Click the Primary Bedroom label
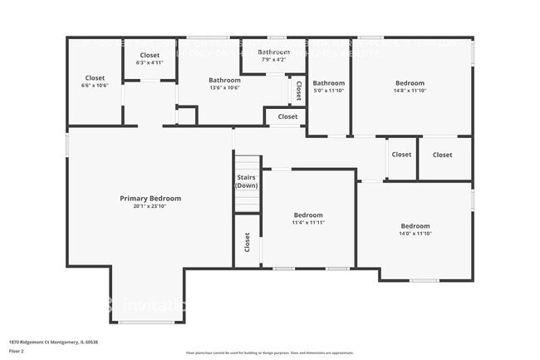pyautogui.click(x=150, y=199)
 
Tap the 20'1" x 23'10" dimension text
pyautogui.click(x=150, y=208)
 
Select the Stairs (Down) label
pyautogui.click(x=247, y=181)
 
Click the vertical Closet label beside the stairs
pyautogui.click(x=247, y=242)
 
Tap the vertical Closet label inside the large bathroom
pyautogui.click(x=298, y=90)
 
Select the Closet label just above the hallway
pyautogui.click(x=287, y=116)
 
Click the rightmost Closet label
pyautogui.click(x=442, y=155)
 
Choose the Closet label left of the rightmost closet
pyautogui.click(x=401, y=154)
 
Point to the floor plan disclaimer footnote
pyautogui.click(x=269, y=353)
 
